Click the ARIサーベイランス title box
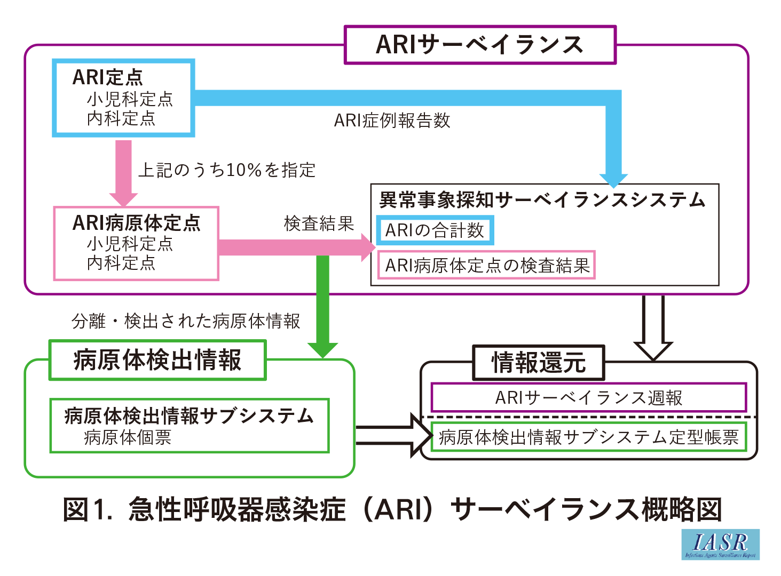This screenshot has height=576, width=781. click(x=480, y=45)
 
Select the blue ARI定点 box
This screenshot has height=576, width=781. click(x=123, y=98)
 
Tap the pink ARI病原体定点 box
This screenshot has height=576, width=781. click(x=136, y=243)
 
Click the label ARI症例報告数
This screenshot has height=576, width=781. click(x=392, y=121)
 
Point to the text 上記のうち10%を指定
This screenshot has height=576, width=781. click(x=227, y=170)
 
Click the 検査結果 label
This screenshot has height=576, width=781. click(x=319, y=223)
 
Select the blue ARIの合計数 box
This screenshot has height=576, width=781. click(x=435, y=230)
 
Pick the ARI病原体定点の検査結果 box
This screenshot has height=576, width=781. click(x=486, y=265)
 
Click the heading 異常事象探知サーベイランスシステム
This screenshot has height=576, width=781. click(x=542, y=200)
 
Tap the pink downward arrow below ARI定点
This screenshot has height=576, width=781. click(x=123, y=171)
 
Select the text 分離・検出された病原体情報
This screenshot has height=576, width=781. click(x=186, y=321)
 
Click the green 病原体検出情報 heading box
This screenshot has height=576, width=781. click(x=157, y=360)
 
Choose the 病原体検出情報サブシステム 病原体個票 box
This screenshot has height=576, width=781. click(x=190, y=426)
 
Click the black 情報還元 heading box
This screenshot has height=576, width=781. click(x=539, y=363)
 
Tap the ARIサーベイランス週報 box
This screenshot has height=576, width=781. click(x=588, y=397)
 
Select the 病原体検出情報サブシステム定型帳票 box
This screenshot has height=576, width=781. click(x=588, y=437)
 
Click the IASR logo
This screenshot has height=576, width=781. click(x=720, y=545)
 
